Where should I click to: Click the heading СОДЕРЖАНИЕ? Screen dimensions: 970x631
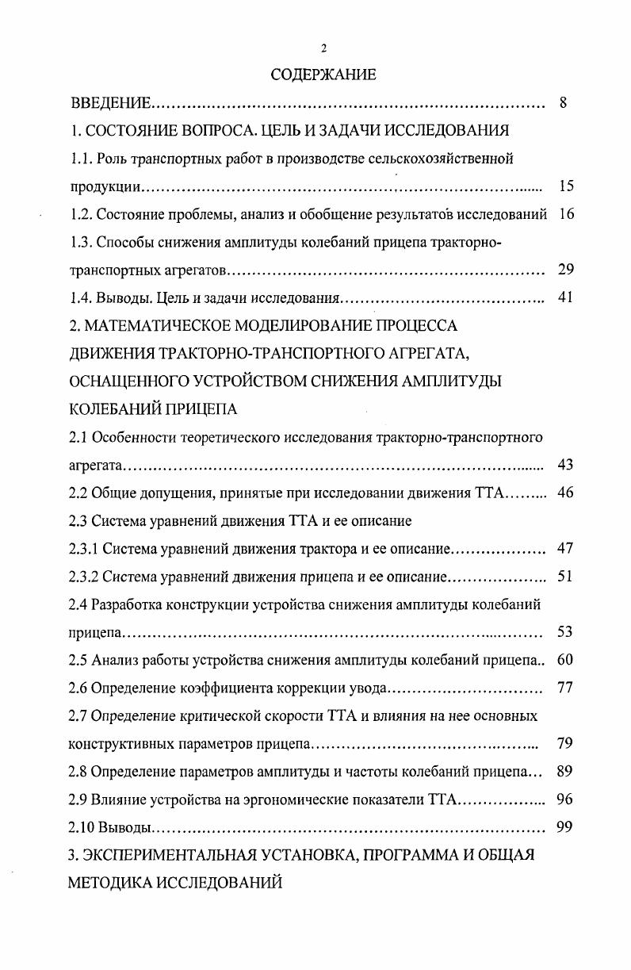(x=323, y=75)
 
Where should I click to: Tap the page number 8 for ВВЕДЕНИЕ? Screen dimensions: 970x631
(x=563, y=104)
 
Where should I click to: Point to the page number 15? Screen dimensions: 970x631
(x=565, y=186)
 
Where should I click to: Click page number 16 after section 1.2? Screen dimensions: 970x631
(x=565, y=214)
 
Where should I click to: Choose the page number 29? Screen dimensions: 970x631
(x=565, y=270)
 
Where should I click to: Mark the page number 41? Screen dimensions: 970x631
(x=565, y=298)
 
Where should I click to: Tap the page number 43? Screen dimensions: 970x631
(x=565, y=465)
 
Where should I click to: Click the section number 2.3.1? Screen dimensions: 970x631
(x=84, y=548)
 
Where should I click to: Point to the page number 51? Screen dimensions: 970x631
(x=565, y=576)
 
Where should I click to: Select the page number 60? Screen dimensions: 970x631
(x=565, y=660)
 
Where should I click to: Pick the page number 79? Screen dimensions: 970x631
(x=565, y=744)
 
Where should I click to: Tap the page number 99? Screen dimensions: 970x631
(x=565, y=827)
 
